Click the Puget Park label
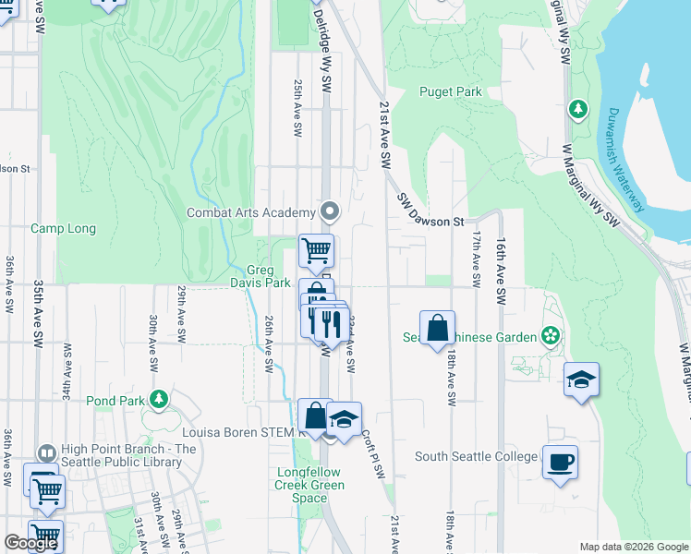coord(451,91)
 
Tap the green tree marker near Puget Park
coord(578,110)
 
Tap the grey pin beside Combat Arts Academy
coord(330,212)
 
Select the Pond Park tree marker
coord(160,400)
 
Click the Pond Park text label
coord(115,401)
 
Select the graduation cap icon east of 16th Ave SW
coord(582,379)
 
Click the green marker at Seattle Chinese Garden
coord(552,336)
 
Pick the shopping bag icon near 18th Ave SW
coord(438,329)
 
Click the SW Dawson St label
coord(430,211)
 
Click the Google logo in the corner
coord(30,543)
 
